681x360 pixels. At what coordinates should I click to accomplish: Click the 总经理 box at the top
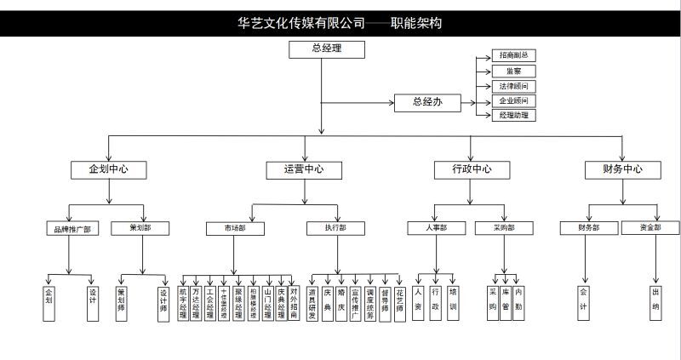321,49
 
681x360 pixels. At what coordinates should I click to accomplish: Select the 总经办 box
426,102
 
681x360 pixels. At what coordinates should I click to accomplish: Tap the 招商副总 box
514,55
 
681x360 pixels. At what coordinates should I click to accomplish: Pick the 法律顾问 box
514,86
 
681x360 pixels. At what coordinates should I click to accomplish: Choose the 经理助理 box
514,115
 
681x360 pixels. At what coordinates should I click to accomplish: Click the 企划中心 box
109,169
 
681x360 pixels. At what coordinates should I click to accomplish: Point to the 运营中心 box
304,169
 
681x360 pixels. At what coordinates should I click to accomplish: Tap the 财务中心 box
622,169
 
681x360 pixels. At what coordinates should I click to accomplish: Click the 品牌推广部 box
70,228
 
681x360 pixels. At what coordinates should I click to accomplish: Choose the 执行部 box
335,228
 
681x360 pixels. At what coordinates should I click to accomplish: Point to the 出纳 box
655,299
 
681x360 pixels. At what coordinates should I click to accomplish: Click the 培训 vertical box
453,299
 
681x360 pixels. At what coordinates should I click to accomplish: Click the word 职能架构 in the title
416,23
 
